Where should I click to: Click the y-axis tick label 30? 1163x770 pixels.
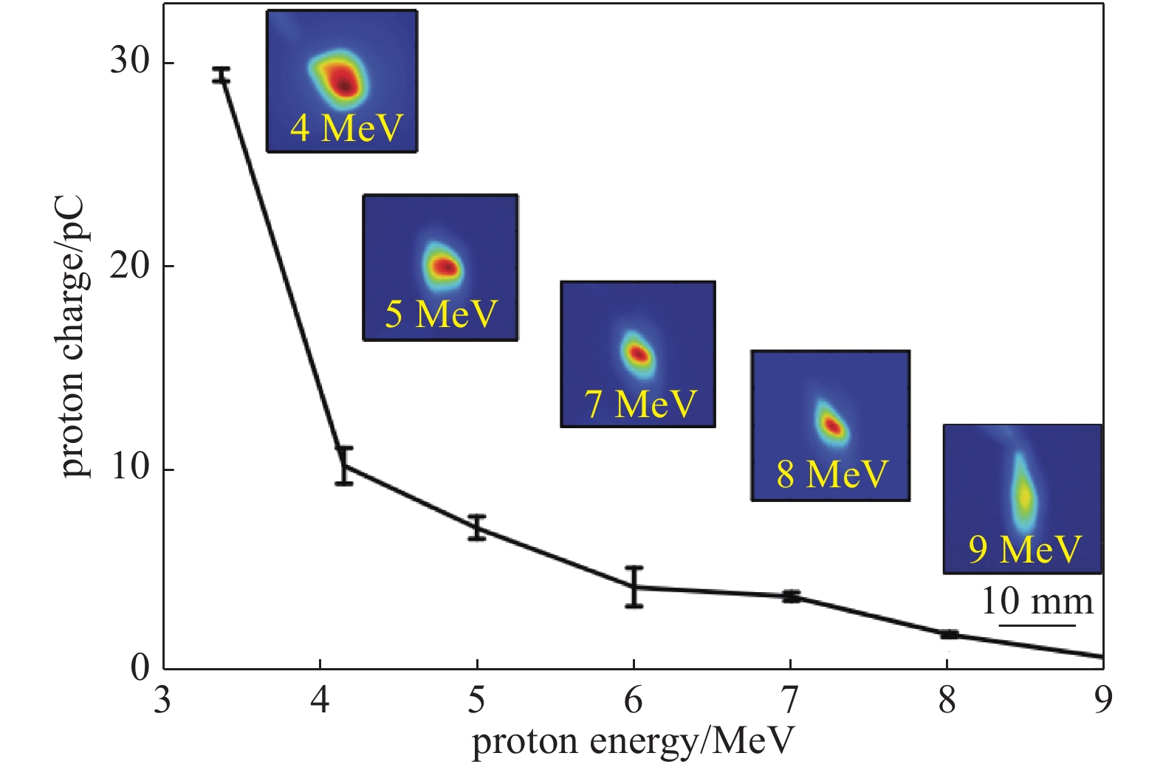129,62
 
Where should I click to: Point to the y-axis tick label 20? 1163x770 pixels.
129,266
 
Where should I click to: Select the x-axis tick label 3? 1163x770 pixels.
162,700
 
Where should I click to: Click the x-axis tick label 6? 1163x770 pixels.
634,700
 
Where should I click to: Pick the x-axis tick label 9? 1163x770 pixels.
1102,700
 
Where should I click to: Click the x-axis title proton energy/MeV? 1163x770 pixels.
633,741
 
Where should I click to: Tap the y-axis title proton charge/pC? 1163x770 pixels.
73,337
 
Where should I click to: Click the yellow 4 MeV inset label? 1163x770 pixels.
346,128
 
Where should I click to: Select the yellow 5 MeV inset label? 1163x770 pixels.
442,314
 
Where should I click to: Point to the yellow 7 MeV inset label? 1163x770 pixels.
640,404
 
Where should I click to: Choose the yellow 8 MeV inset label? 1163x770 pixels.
831,474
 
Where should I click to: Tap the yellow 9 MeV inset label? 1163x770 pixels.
1024,549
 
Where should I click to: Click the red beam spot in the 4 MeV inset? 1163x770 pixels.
342,81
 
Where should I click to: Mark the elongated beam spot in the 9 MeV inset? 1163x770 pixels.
1023,495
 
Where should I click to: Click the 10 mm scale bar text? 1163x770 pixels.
1037,602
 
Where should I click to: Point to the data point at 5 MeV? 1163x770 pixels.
477,527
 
